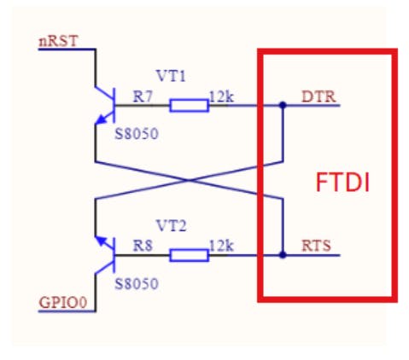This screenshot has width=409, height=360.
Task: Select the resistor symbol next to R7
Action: tap(189, 106)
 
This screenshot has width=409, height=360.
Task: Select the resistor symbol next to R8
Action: tap(189, 254)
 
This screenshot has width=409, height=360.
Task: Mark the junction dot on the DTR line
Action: tap(282, 106)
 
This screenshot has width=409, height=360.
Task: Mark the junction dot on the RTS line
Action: tap(282, 254)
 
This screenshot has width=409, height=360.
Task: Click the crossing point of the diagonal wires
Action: tap(188, 180)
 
